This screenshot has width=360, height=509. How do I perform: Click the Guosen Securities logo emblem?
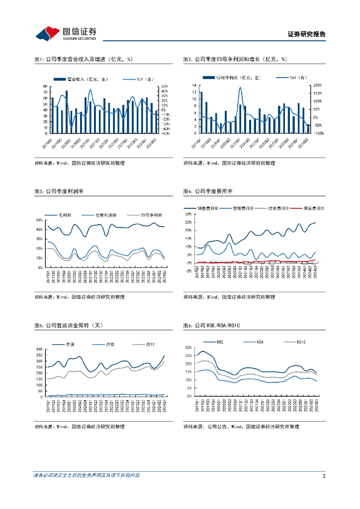coord(46,33)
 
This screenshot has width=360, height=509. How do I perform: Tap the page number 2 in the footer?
coord(324,476)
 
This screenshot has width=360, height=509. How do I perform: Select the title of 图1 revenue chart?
coord(84,60)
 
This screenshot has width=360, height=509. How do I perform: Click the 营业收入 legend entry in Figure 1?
coord(82,79)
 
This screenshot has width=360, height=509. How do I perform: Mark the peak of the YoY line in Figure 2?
coord(240,88)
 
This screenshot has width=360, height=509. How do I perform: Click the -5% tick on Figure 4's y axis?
coord(188,271)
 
